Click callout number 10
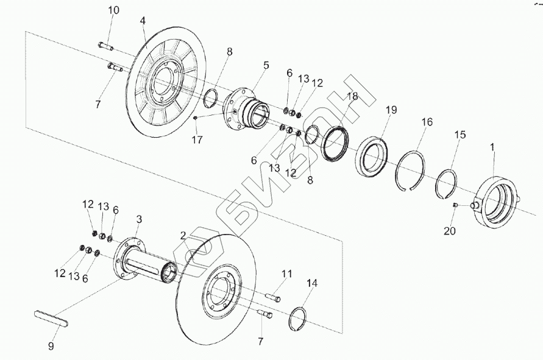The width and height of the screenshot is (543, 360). tap(114, 10)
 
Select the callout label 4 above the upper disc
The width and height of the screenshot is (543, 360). tap(143, 21)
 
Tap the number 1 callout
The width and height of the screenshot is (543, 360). tap(492, 147)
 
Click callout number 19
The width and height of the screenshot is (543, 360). tap(391, 110)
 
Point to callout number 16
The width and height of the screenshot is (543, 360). tap(427, 122)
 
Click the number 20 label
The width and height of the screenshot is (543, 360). tap(449, 231)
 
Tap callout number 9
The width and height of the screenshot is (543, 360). tap(51, 346)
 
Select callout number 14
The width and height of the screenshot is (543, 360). tap(312, 283)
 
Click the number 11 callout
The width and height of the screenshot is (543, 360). tap(287, 274)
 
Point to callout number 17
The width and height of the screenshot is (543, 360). tap(196, 139)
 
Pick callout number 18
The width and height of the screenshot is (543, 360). tap(352, 96)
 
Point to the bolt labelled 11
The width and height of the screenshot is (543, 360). tap(274, 297)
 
